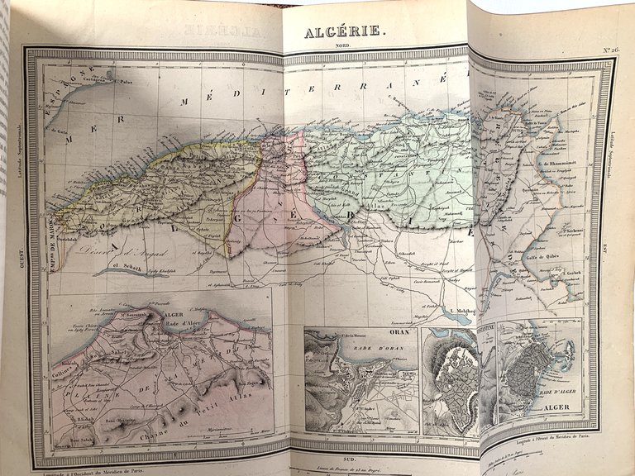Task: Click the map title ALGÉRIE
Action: click(341, 31)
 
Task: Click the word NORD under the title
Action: click(341, 47)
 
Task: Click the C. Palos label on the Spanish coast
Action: click(124, 82)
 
